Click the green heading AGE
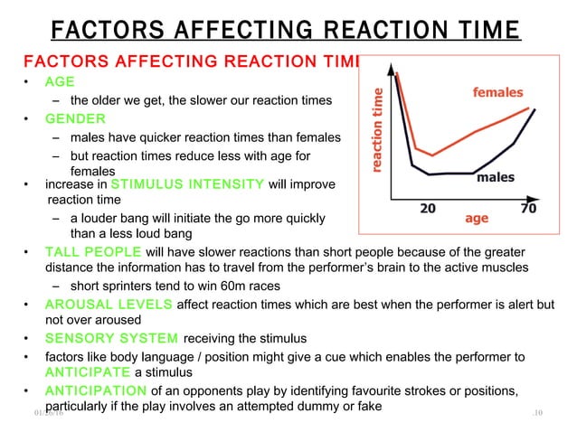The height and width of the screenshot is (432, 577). click(x=61, y=80)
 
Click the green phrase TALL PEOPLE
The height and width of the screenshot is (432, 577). click(x=87, y=251)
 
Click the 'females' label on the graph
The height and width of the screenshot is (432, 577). click(x=498, y=92)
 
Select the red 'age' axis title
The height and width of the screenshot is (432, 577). click(x=477, y=218)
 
